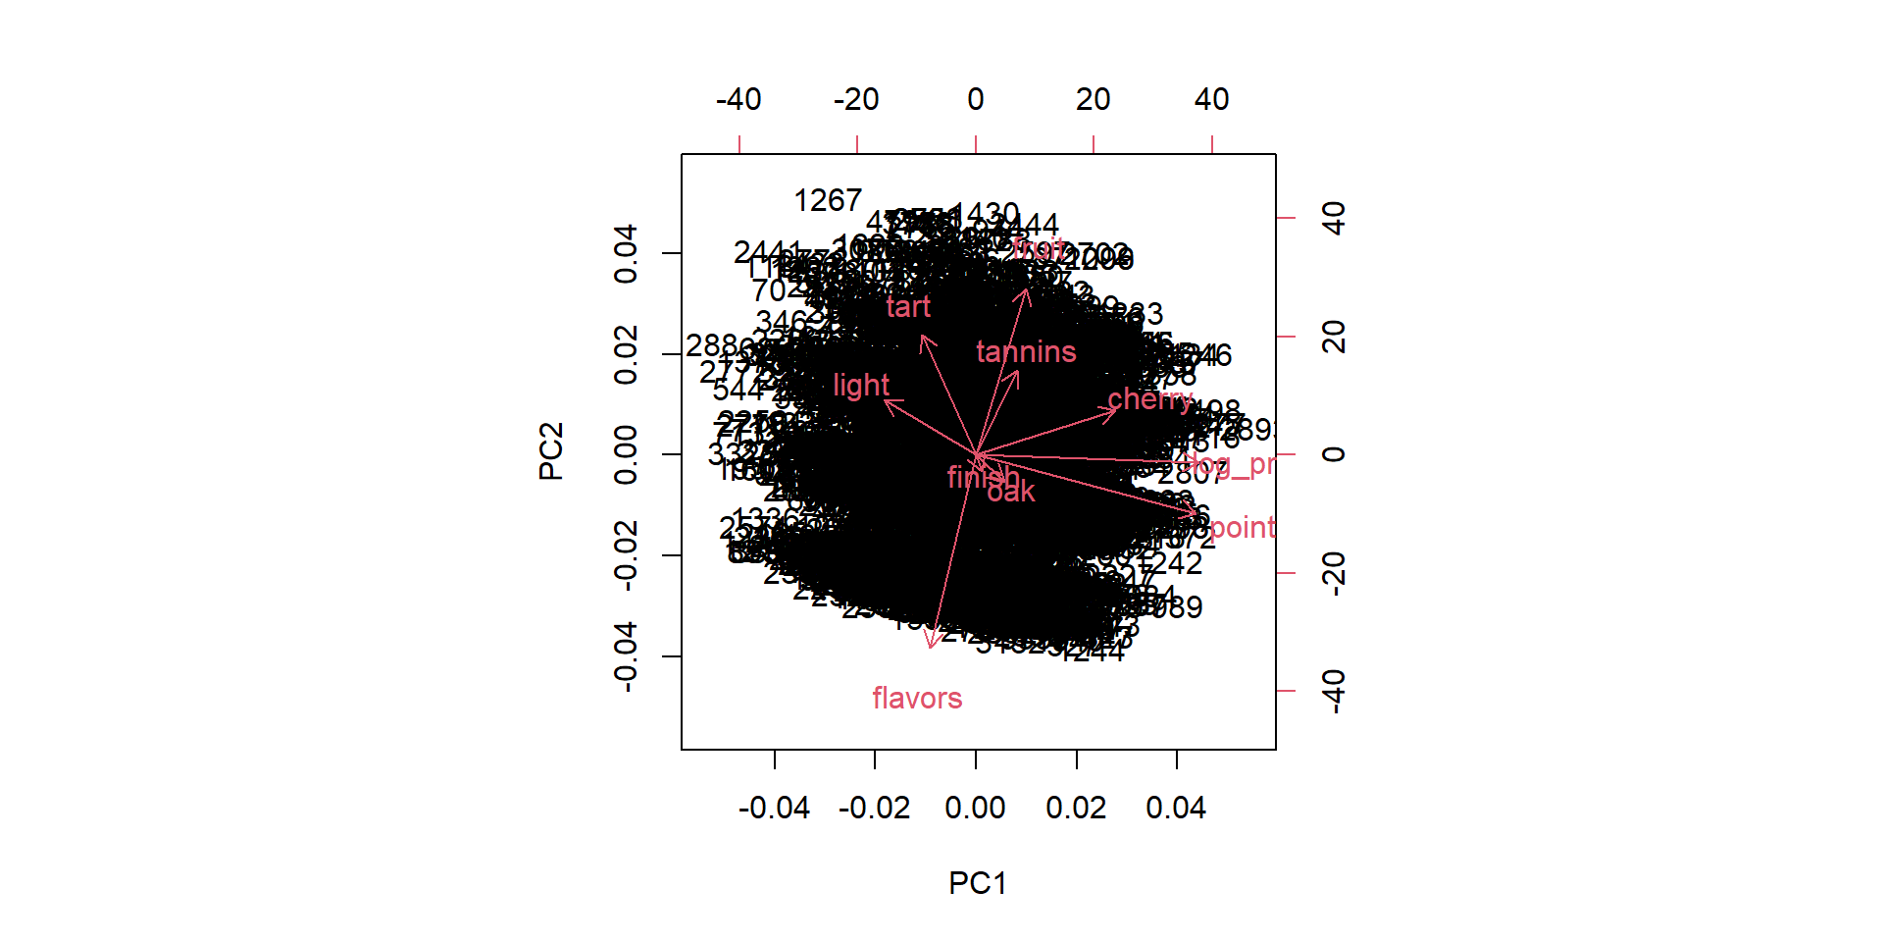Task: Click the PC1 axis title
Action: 977,883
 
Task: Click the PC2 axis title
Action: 551,451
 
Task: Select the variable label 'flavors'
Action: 917,699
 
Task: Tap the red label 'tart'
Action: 908,307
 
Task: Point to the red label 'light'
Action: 861,386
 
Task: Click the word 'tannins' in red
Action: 1026,352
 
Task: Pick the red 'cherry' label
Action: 1149,399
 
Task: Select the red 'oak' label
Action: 1011,492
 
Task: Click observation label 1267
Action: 828,201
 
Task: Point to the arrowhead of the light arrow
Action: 885,400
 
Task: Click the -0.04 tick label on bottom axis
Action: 774,809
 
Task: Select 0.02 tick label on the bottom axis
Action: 1076,809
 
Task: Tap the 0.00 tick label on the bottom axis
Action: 975,809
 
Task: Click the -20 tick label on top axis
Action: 856,100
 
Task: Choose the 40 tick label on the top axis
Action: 1211,100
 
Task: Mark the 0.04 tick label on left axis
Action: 626,254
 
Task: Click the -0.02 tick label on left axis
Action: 626,555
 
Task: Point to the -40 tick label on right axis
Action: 1334,691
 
